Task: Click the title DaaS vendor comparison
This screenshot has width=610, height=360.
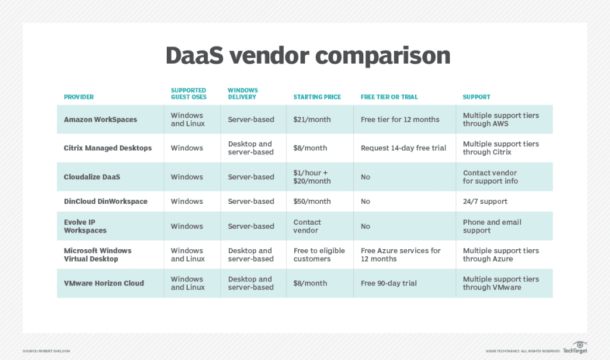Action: (x=307, y=55)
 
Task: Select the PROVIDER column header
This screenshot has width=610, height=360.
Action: (x=79, y=97)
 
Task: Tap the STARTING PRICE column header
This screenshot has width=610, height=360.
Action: (x=318, y=97)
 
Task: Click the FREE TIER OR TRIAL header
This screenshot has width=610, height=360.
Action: (x=389, y=97)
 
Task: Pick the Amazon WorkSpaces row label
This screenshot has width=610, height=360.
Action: (x=100, y=120)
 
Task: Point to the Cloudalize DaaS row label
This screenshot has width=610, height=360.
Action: (x=92, y=177)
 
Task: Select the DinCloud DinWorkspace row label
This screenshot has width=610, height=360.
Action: (x=105, y=201)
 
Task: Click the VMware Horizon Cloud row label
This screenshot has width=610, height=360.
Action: (x=104, y=283)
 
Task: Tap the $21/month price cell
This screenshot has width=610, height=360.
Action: (x=312, y=120)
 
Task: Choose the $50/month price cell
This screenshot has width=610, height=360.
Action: (x=312, y=201)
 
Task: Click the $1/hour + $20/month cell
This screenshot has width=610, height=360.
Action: (x=312, y=177)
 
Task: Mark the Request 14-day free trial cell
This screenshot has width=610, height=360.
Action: (x=403, y=148)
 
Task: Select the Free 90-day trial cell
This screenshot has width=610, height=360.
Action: (x=388, y=283)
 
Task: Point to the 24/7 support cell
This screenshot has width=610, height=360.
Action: (x=485, y=201)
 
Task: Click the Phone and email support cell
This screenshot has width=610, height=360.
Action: (x=492, y=226)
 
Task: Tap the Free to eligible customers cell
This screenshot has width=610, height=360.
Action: (x=319, y=255)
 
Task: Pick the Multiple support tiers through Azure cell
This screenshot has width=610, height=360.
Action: (x=500, y=255)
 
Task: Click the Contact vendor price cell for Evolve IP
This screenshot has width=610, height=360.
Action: (x=307, y=226)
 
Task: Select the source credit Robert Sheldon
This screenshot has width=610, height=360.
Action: (x=46, y=351)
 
